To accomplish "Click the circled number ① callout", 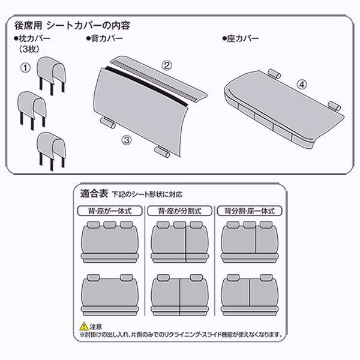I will click(25, 68).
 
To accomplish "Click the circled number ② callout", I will click(168, 63).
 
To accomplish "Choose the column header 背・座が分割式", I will click(179, 211).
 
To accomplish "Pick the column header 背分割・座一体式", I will click(250, 211).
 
